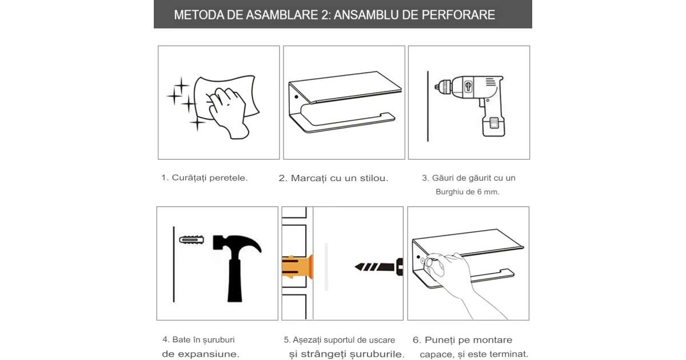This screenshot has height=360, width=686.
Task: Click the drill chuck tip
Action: coord(437,87)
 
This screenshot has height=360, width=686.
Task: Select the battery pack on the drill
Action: coord(493,126)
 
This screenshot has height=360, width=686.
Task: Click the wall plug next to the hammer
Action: coord(192,239)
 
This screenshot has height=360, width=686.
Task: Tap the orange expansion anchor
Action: coord(297,267)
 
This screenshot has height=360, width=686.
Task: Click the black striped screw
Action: coord(378,267)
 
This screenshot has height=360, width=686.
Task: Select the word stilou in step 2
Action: coord(374,178)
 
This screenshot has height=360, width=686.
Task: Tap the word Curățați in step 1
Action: coord(189,178)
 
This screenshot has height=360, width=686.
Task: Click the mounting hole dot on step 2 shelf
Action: coord(296,97)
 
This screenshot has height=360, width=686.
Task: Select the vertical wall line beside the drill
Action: coord(428,106)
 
